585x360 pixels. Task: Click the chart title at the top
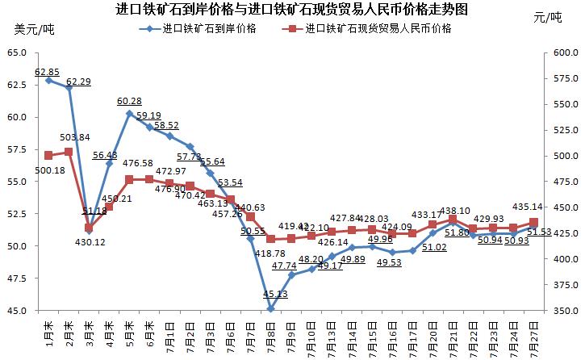pyautogui.click(x=291, y=10)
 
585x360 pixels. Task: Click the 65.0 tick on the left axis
pyautogui.click(x=17, y=52)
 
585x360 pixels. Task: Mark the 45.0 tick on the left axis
pyautogui.click(x=17, y=311)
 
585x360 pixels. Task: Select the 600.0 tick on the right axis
pyautogui.click(x=563, y=52)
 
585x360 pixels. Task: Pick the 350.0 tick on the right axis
pyautogui.click(x=563, y=311)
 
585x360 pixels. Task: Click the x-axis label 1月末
pyautogui.click(x=48, y=331)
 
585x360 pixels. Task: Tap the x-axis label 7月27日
pyautogui.click(x=533, y=333)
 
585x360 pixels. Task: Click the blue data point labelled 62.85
pyautogui.click(x=48, y=80)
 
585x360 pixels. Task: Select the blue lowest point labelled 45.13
pyautogui.click(x=271, y=308)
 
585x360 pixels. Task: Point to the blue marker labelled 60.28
pyautogui.click(x=129, y=113)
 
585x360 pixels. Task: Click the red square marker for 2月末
pyautogui.click(x=69, y=152)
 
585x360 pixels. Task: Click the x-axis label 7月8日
pyautogui.click(x=271, y=333)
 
